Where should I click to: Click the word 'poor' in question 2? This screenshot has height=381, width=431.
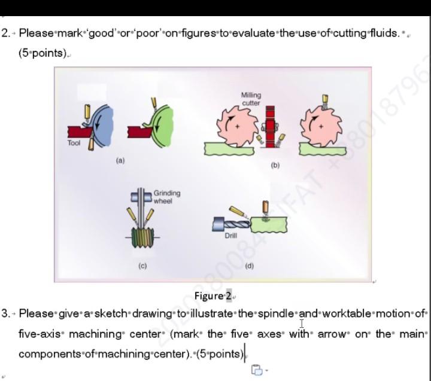(149, 33)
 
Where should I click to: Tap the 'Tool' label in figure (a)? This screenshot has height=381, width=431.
(74, 144)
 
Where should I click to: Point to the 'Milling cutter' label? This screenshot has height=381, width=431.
(251, 99)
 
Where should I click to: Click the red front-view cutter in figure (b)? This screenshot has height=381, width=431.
(270, 127)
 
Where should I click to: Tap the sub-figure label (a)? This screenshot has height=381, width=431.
(120, 160)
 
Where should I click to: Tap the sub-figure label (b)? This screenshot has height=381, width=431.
(275, 164)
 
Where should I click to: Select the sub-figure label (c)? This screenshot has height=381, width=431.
(142, 265)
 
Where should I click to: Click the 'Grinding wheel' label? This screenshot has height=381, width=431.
(166, 197)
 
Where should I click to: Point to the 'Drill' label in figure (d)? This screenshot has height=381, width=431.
(230, 236)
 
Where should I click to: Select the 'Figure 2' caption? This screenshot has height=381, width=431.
(213, 296)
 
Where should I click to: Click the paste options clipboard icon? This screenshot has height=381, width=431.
(257, 370)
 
